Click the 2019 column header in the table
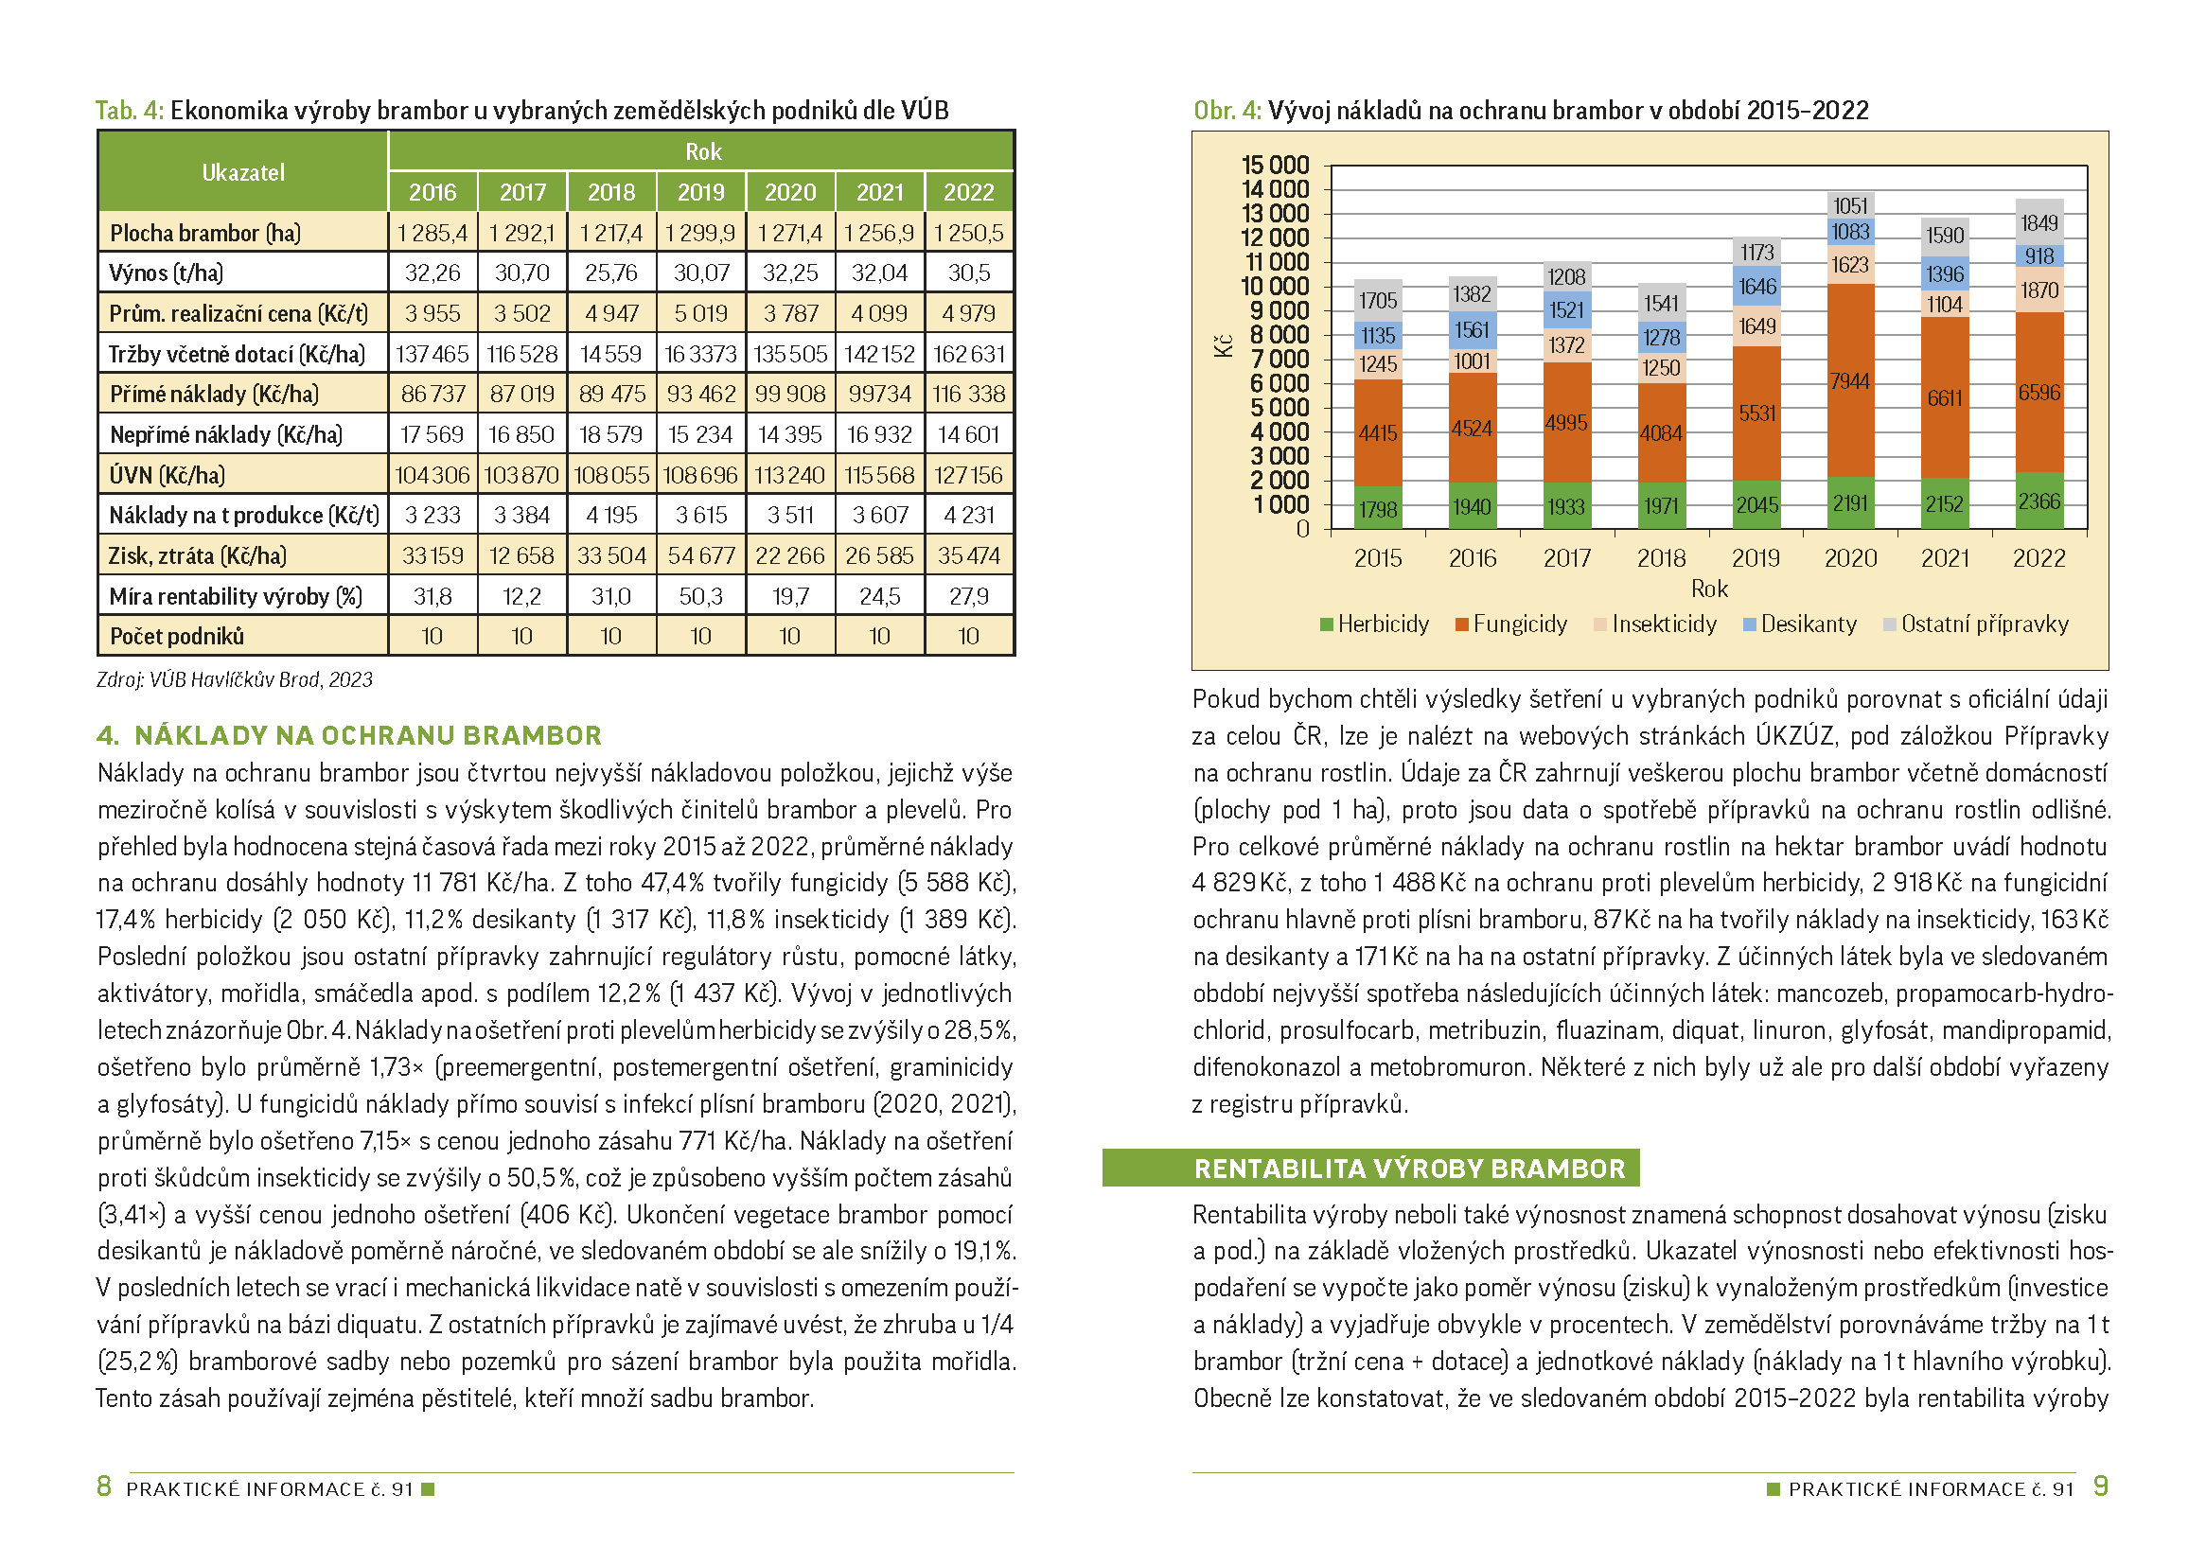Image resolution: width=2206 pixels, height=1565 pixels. pos(700,192)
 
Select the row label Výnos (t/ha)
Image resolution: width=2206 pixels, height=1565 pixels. pos(166,273)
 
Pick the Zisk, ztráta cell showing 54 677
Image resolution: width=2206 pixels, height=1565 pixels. pos(700,556)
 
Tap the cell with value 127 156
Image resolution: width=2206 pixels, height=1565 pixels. pos(968,475)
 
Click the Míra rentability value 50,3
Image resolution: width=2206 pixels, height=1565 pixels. pos(700,596)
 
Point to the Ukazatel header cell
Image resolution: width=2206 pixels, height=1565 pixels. pos(243,171)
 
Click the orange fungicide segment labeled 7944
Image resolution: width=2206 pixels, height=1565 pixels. pos(1850,380)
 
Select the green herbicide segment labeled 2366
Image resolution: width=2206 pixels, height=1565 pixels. pos(2039,501)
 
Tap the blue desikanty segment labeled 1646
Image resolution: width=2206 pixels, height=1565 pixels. pos(1756,286)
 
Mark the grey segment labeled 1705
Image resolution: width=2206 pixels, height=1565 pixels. pos(1378,300)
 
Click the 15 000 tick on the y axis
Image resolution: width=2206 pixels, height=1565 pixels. pos(1275,165)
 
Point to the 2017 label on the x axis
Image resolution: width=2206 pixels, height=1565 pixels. pos(1567,558)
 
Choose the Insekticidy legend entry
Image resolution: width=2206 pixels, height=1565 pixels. pos(1656,624)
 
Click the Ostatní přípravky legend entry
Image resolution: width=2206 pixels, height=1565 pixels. pos(1976,624)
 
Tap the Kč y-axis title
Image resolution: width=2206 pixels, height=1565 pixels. pos(1224,346)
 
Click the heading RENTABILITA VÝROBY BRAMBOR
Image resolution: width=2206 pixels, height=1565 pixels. pos(1409,1169)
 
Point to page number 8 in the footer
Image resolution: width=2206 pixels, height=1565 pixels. pos(104,1486)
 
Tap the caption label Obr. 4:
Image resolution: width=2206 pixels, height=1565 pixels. pos(1227,110)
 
